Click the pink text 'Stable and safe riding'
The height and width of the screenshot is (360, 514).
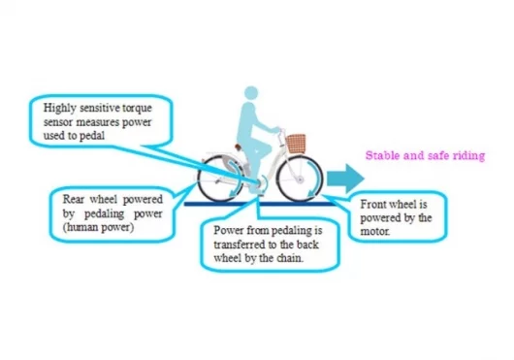(425, 154)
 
